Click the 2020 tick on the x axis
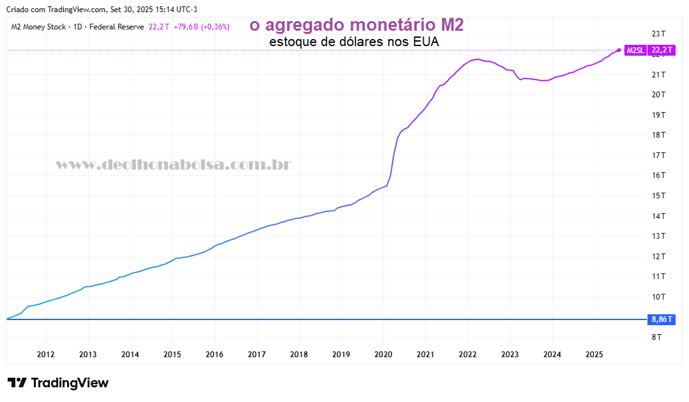tap(383, 354)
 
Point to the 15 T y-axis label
tap(658, 195)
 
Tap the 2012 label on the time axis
tap(45, 354)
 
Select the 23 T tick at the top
tap(658, 33)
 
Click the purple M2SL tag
tap(635, 50)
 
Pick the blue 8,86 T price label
tap(662, 319)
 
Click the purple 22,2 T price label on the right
tap(661, 50)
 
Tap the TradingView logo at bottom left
tap(58, 383)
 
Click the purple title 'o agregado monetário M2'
tap(356, 25)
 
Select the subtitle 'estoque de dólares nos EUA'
tap(355, 42)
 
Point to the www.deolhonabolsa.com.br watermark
tap(173, 165)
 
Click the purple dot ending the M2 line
tap(619, 50)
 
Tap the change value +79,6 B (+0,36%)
tap(201, 27)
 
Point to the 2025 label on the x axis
tap(594, 354)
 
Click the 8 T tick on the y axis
tap(656, 337)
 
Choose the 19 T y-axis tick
tap(658, 115)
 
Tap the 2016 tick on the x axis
tap(214, 354)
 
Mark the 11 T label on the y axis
tap(658, 276)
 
